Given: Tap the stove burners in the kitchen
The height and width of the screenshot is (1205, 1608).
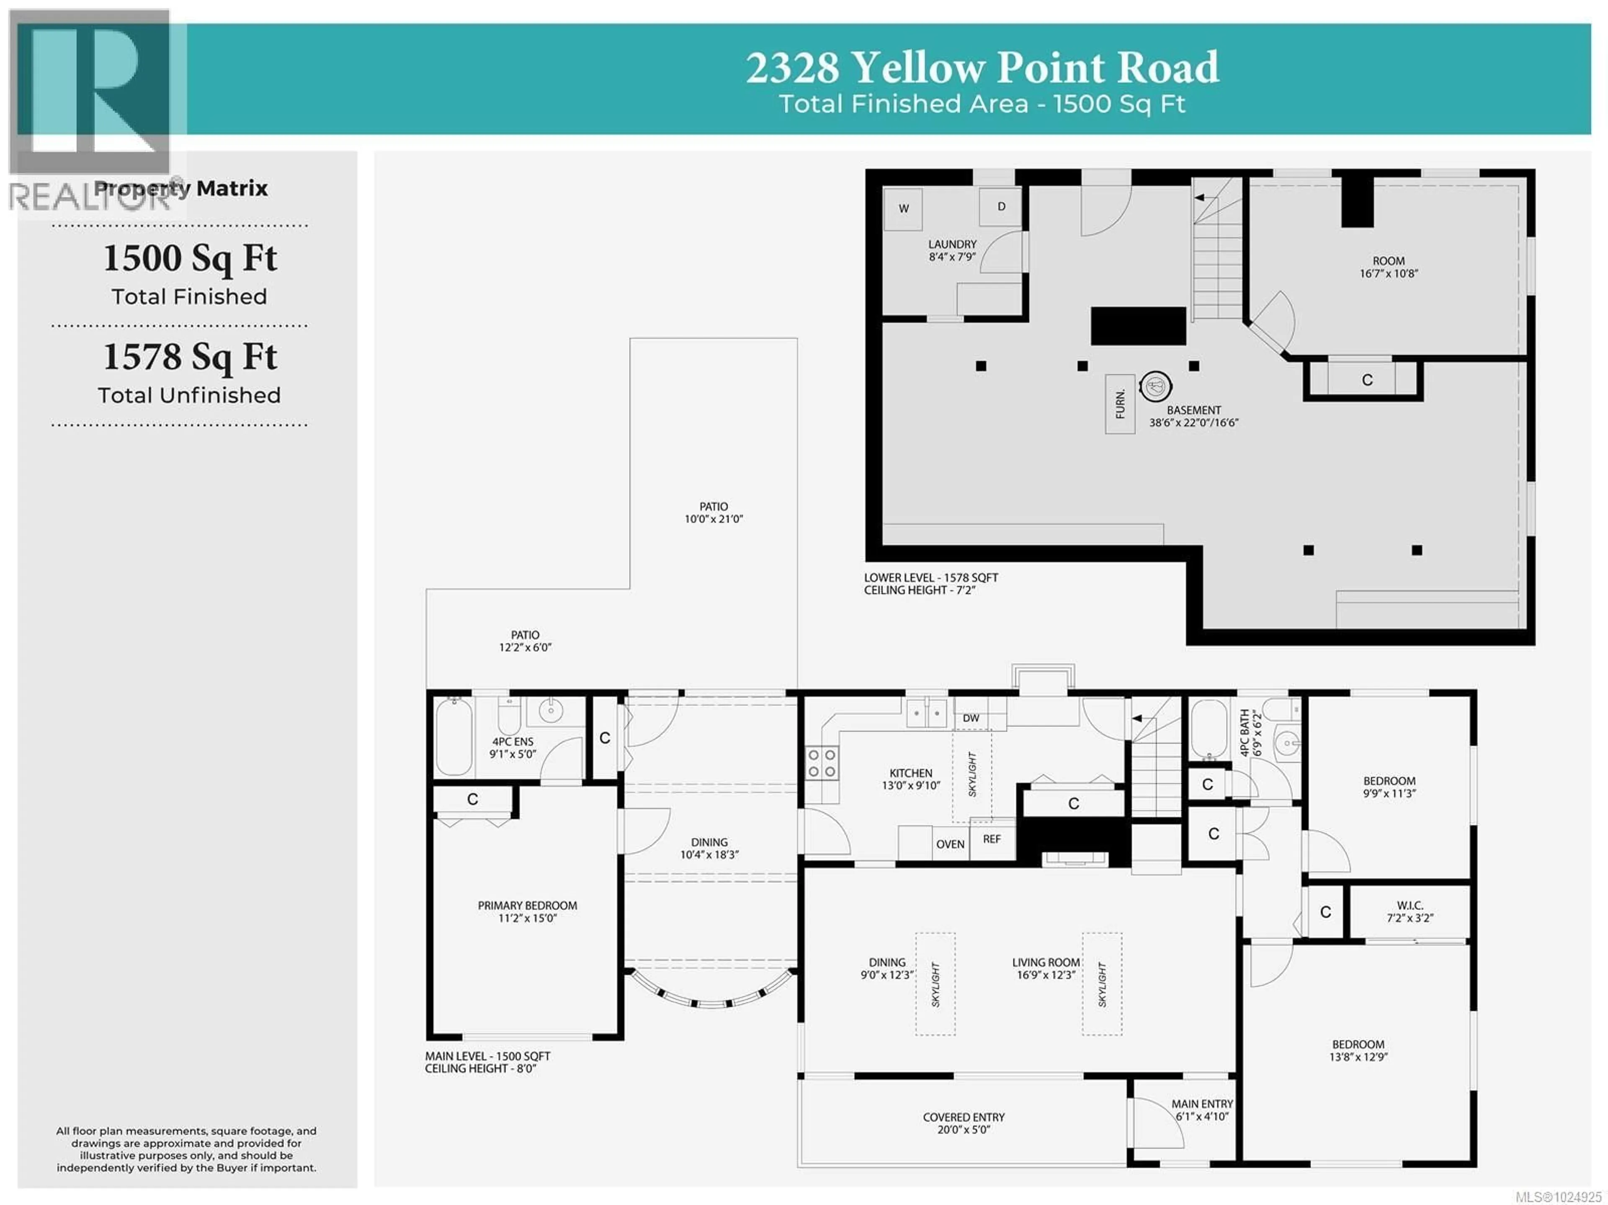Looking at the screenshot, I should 822,764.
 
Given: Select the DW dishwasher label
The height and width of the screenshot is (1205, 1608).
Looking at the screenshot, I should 971,718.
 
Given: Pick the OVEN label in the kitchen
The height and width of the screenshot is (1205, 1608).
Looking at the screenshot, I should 950,844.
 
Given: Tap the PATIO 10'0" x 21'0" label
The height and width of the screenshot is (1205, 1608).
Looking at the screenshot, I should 713,512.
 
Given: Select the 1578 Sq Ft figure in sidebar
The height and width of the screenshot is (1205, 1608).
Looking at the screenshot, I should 190,357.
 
